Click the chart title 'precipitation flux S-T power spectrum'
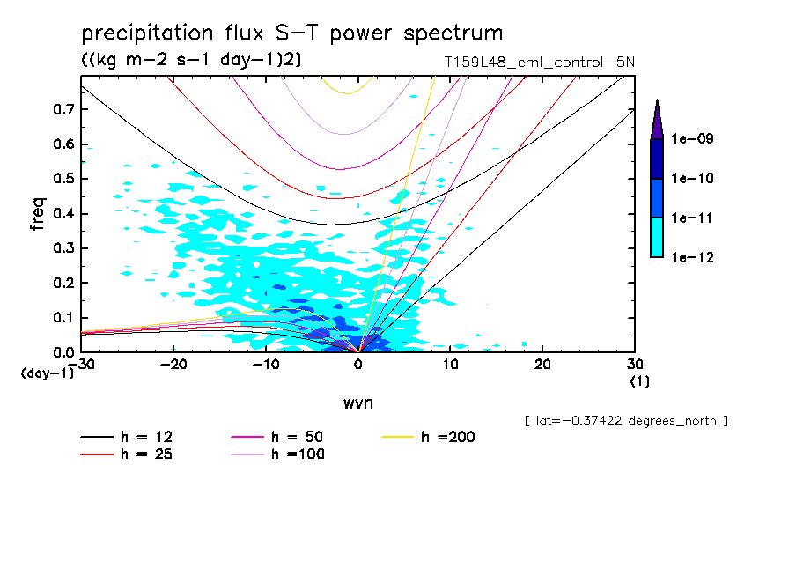pos(292,33)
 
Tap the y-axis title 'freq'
pos(37,214)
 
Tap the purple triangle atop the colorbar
pos(657,121)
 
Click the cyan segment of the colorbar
pos(657,237)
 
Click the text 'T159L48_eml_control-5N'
pos(540,62)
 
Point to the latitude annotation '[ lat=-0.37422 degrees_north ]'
pos(625,420)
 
